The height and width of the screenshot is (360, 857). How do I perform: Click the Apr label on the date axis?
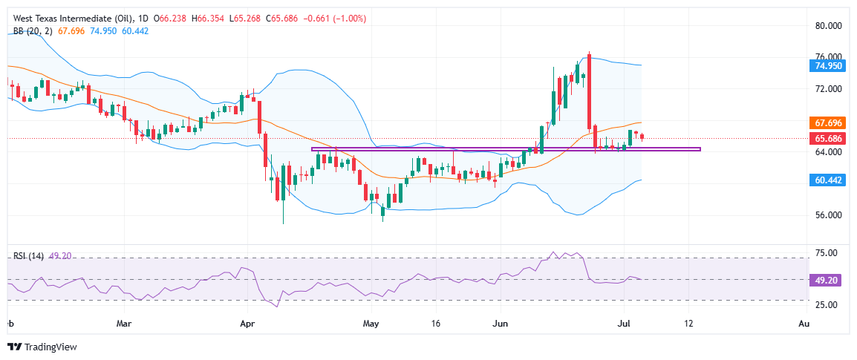click(248, 324)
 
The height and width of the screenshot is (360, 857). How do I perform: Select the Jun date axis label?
click(501, 324)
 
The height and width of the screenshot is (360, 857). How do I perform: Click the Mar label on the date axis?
click(125, 324)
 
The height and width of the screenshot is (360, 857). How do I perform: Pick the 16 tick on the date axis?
click(437, 324)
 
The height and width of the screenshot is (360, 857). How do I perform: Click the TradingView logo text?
click(50, 347)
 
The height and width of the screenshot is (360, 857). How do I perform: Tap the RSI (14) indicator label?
click(29, 256)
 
